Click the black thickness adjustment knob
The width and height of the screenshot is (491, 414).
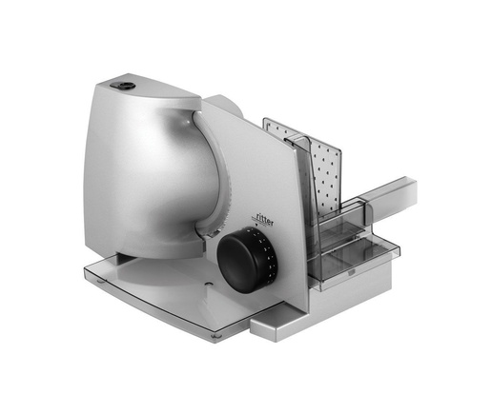click(x=246, y=260)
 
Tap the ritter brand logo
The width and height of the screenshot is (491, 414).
click(x=264, y=220)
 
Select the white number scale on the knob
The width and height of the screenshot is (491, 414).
click(x=269, y=259)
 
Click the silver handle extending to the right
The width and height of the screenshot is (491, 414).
click(x=390, y=199)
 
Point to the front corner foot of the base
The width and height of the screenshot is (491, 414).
click(x=216, y=336)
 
